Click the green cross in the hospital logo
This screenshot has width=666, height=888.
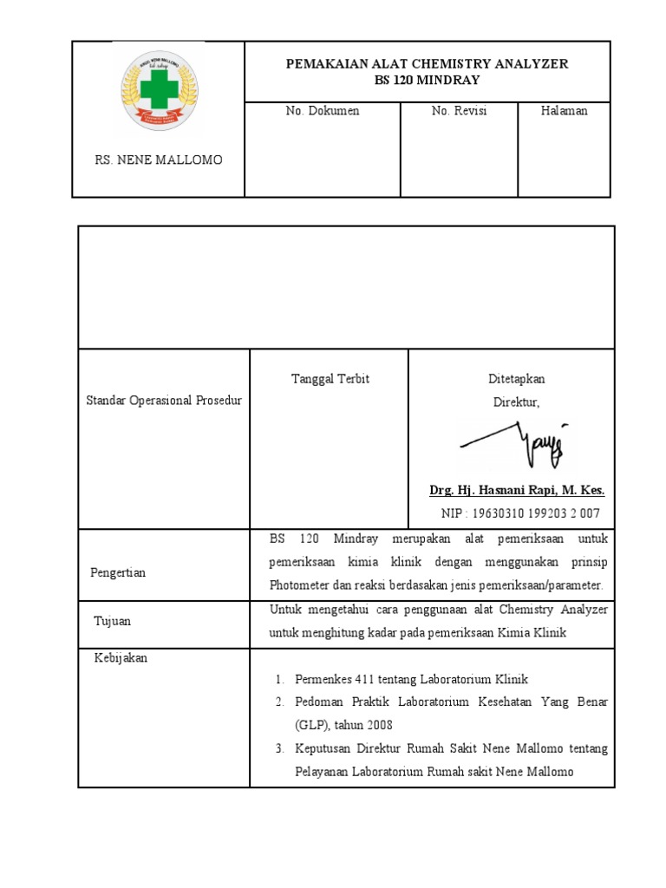point(158,89)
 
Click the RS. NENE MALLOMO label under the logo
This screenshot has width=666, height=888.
point(158,160)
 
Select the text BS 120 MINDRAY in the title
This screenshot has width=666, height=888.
point(428,80)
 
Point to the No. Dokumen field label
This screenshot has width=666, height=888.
point(323,111)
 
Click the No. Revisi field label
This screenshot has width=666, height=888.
point(459,111)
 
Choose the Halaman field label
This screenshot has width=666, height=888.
point(564,111)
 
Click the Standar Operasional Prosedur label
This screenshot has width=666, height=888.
point(164,401)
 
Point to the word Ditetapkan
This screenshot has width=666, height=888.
point(517,380)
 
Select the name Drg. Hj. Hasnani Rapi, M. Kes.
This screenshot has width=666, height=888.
point(517,491)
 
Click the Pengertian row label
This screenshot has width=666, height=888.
point(118,573)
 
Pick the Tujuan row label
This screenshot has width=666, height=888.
point(113,622)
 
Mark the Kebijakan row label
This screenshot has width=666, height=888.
point(121,658)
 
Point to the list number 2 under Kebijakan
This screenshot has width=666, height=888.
point(280,701)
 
